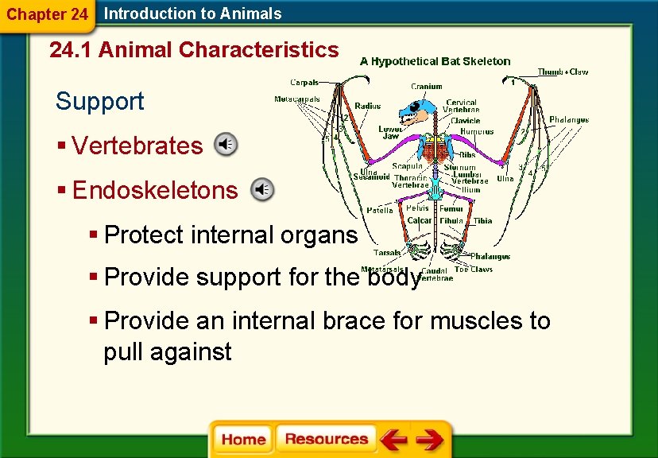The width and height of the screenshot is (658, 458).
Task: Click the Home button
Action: pyautogui.click(x=244, y=440)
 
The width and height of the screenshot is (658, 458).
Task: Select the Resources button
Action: pyautogui.click(x=327, y=440)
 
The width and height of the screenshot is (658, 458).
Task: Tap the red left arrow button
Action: pyautogui.click(x=393, y=440)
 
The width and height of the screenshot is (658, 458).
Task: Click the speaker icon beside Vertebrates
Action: pyautogui.click(x=226, y=144)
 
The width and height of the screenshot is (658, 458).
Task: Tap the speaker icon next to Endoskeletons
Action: pyautogui.click(x=261, y=189)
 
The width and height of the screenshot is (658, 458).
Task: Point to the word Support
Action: pyautogui.click(x=100, y=101)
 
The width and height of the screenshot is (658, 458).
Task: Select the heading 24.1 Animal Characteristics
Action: pyautogui.click(x=194, y=50)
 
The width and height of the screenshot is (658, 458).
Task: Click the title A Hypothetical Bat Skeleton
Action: pyautogui.click(x=435, y=61)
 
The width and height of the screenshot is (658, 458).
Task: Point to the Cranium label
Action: pyautogui.click(x=427, y=87)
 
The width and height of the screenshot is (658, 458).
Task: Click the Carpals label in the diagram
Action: pyautogui.click(x=304, y=82)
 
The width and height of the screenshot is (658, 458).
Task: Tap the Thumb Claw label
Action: pyautogui.click(x=563, y=72)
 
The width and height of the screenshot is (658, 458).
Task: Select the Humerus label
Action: pyautogui.click(x=477, y=131)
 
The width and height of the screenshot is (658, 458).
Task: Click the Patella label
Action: pyautogui.click(x=379, y=210)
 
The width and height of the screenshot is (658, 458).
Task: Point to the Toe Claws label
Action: pyautogui.click(x=474, y=269)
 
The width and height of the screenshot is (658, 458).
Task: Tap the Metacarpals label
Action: pyautogui.click(x=297, y=99)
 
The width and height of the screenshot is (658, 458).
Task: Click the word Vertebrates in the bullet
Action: pyautogui.click(x=137, y=146)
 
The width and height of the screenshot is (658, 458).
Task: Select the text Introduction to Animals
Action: pyautogui.click(x=193, y=14)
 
